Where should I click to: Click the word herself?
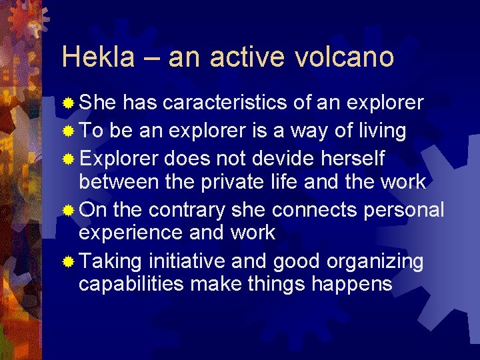pos(355,159)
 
